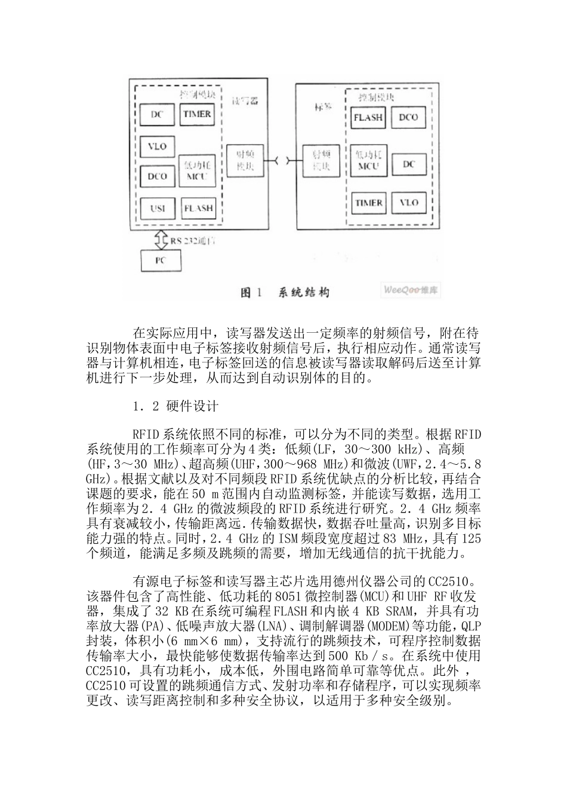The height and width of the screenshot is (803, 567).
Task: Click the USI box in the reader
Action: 158,209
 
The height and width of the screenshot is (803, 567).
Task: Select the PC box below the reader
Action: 161,260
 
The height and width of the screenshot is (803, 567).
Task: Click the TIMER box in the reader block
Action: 197,114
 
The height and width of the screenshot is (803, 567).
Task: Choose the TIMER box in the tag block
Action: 369,203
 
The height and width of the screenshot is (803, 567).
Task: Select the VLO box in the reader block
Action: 158,146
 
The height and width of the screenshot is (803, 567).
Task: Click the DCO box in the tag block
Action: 408,118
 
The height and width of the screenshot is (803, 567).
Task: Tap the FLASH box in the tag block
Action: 368,118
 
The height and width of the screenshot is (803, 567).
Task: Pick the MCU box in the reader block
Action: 197,170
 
